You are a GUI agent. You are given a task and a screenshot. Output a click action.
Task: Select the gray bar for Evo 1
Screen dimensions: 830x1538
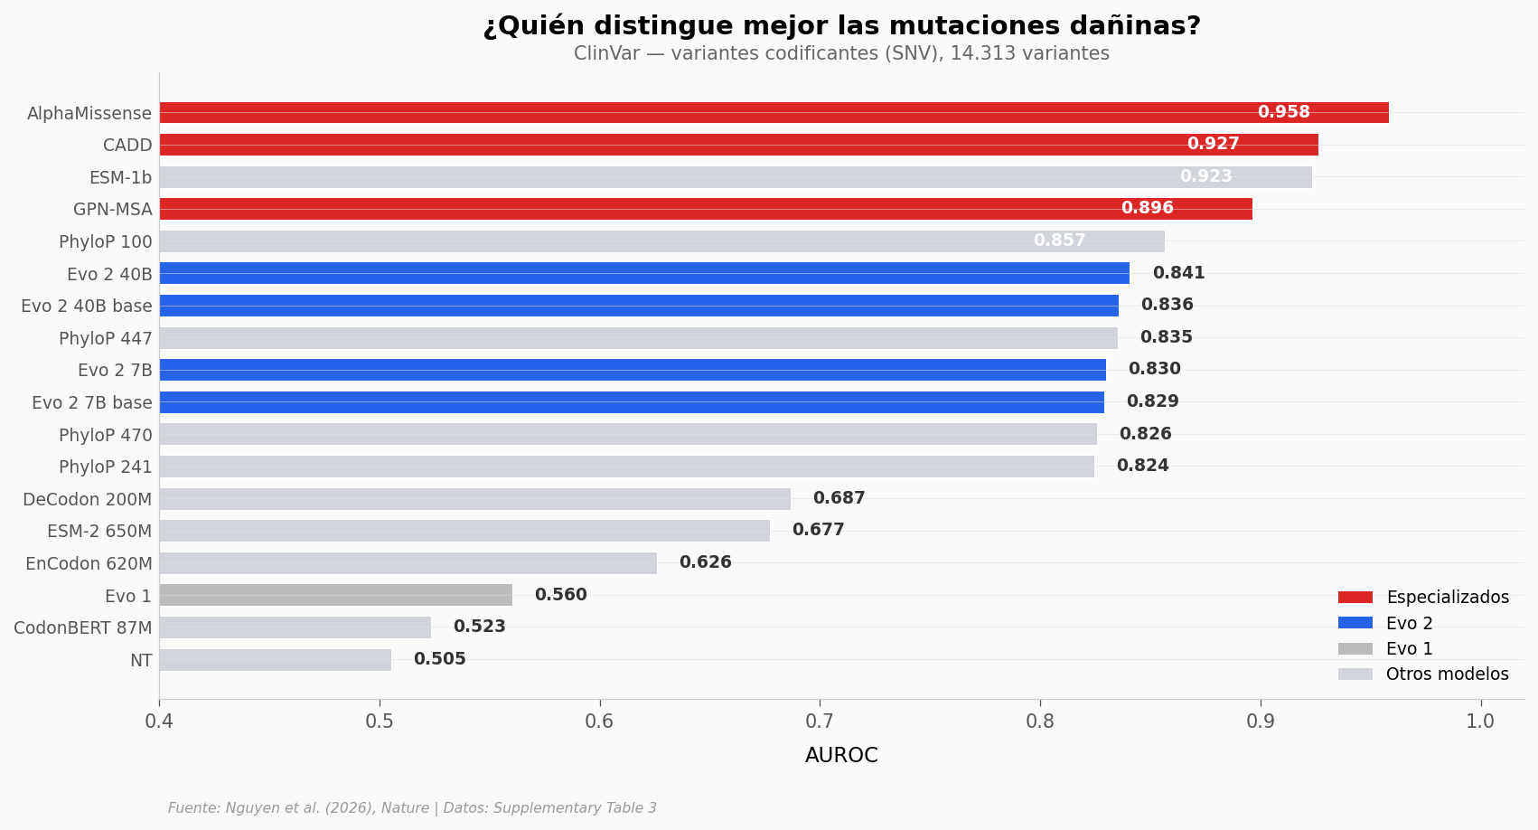[335, 595]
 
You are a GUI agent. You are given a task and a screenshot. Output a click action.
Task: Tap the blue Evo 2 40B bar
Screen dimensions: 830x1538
[643, 273]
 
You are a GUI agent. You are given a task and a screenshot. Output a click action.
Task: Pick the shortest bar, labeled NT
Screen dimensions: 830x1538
[275, 660]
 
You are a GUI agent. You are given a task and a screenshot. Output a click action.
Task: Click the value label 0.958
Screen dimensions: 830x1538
[1283, 112]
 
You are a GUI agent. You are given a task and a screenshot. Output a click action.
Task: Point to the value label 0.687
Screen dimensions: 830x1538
[839, 498]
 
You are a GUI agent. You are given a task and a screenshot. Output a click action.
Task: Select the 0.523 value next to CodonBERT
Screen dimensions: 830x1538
[479, 627]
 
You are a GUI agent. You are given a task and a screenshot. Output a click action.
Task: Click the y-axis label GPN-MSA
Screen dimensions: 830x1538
[112, 210]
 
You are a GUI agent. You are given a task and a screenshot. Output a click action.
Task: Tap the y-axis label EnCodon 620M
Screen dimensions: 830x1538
[89, 563]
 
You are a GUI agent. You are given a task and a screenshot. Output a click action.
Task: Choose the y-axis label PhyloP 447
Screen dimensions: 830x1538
[105, 338]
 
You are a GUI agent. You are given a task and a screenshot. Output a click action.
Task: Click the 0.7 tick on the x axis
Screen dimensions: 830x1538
[820, 722]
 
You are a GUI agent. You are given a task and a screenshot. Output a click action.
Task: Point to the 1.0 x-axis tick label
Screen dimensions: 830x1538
[1480, 722]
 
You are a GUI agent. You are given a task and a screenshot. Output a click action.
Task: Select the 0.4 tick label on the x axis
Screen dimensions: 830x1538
[159, 722]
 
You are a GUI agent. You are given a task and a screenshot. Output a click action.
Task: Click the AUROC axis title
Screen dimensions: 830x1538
[841, 756]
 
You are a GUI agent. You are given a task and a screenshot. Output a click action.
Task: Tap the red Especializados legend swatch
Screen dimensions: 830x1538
[1355, 598]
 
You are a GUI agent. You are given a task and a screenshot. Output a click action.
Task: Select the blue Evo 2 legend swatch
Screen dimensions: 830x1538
[1355, 623]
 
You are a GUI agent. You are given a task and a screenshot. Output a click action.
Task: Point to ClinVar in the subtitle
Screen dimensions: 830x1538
[606, 53]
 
